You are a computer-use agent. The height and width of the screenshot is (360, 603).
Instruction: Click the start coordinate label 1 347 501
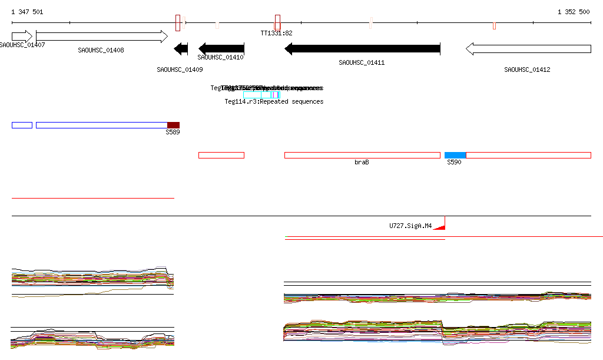point(27,12)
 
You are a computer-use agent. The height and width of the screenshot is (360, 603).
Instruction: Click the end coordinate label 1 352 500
point(573,12)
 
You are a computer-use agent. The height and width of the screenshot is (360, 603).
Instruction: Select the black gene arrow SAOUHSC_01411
point(362,49)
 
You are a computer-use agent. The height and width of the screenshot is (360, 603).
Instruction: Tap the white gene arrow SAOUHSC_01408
point(101,37)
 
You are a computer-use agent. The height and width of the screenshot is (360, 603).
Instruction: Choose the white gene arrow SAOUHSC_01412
point(528,49)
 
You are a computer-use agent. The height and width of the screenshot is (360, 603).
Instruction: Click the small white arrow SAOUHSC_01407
point(22,37)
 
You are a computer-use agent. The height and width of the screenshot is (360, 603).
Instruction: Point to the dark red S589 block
point(173,125)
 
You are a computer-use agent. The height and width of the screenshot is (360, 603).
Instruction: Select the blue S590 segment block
point(455,155)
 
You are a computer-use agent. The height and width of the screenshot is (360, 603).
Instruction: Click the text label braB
point(362,162)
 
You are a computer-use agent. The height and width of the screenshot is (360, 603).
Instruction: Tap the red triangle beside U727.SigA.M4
point(440,226)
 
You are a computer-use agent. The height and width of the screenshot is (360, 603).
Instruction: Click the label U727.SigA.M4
point(410,226)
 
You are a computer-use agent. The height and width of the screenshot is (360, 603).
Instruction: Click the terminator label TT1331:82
point(276,34)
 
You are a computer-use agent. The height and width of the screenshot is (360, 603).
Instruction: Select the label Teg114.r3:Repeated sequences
point(274,102)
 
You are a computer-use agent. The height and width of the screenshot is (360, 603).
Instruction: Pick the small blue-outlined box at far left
point(22,125)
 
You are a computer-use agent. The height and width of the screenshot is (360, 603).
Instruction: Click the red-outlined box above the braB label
point(362,155)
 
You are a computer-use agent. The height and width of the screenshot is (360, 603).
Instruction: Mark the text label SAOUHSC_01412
point(527,70)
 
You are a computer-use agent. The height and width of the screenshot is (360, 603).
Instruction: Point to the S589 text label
point(173,133)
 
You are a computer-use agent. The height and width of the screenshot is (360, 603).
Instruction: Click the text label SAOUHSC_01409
point(180,70)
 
